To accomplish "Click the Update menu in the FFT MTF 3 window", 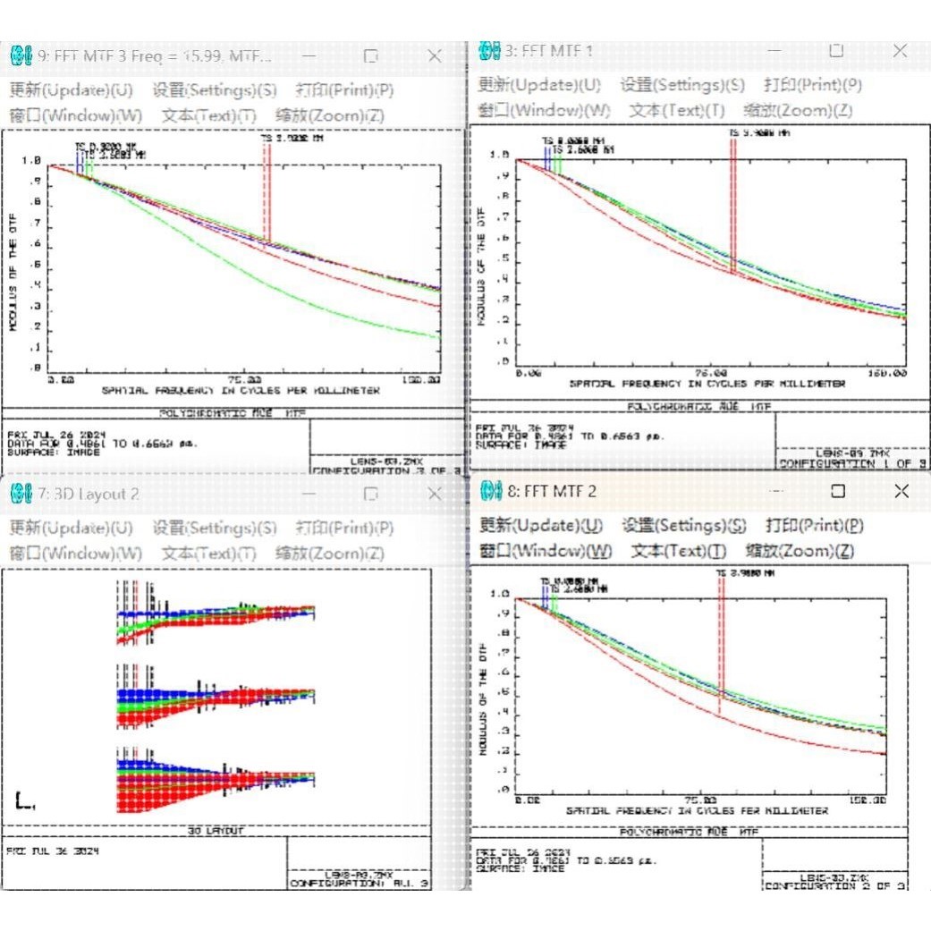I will point(71,90).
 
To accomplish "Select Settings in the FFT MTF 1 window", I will point(682,85).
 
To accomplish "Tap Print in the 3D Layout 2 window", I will point(344,529).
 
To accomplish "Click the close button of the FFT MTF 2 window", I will point(901,490).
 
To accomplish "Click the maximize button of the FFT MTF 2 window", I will point(837,490).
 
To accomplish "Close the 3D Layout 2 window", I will point(435,494).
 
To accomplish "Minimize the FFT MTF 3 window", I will point(309,55).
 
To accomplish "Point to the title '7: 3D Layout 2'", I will point(88,495).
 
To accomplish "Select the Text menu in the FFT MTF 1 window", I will point(676,110).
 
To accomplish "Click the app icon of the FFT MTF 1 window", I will point(488,51).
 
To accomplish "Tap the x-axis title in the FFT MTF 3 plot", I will point(241,391).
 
